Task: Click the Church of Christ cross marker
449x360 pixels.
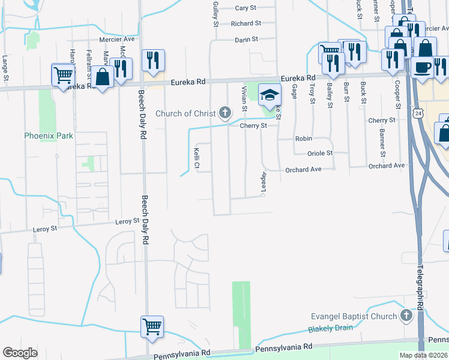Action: tap(224, 113)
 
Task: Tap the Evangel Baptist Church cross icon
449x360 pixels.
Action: tap(406, 316)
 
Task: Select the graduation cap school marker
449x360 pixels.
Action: tap(270, 94)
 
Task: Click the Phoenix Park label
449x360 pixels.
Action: tap(49, 136)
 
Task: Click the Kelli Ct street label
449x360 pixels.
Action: tap(196, 157)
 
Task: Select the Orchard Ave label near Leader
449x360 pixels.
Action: tap(303, 170)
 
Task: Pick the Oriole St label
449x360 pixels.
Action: tap(319, 154)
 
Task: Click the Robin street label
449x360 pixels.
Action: tap(303, 139)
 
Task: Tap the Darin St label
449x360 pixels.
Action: tap(246, 39)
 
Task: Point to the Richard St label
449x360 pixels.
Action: tap(246, 24)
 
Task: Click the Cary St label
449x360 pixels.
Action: tap(246, 8)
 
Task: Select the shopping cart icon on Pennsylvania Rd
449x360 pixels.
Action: tap(152, 328)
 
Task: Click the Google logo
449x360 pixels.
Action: tap(20, 353)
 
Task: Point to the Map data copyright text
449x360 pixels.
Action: tap(424, 355)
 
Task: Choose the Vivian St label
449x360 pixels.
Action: tap(244, 98)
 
